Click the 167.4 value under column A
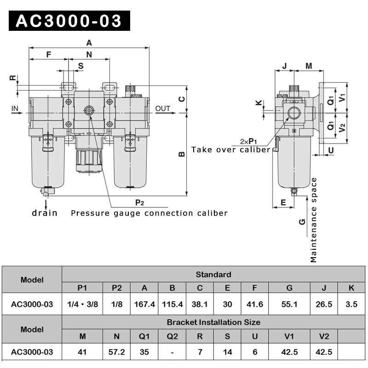click(144, 304)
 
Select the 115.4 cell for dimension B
click(172, 304)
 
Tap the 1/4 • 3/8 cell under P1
click(82, 304)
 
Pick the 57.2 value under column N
click(117, 352)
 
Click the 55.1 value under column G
click(289, 304)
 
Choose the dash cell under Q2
click(172, 352)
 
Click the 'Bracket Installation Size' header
click(213, 322)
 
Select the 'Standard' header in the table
click(213, 275)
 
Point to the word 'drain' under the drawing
click(45, 213)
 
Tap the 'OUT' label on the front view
click(163, 109)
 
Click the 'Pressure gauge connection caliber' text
click(149, 213)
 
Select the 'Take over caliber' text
click(231, 149)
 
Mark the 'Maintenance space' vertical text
click(314, 220)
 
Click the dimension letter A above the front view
click(89, 43)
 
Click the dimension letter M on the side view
click(309, 66)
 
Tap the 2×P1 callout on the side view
click(248, 141)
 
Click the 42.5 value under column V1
click(289, 352)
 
